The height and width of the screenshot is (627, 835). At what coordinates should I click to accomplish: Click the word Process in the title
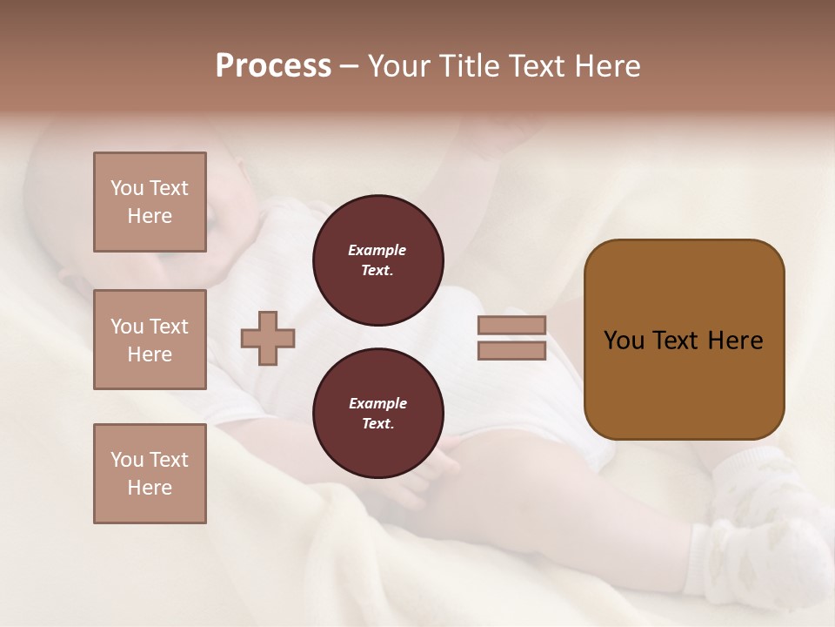273,66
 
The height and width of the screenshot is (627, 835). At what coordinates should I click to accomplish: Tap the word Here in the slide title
605,66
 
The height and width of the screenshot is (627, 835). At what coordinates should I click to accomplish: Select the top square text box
150,202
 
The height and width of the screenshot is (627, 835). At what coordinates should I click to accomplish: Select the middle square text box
150,340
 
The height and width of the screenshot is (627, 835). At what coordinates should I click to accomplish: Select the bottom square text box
150,474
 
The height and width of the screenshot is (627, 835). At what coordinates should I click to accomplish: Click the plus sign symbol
268,339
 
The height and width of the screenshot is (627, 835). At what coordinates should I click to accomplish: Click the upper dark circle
378,260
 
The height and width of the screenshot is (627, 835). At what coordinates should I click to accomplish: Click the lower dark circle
378,414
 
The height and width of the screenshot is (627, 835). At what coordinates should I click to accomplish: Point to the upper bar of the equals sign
511,325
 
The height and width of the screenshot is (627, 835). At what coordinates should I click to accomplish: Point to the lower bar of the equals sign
511,351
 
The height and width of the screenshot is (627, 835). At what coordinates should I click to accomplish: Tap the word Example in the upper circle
377,250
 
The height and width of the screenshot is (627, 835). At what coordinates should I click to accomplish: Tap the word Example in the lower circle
377,403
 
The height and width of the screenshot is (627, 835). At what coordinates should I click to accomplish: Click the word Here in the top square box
150,216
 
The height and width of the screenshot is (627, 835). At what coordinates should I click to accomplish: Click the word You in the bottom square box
127,460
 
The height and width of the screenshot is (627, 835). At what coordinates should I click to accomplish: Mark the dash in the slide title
349,66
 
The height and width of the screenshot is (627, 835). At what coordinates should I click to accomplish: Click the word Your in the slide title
401,66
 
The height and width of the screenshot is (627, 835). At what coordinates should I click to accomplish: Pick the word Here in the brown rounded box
736,340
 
